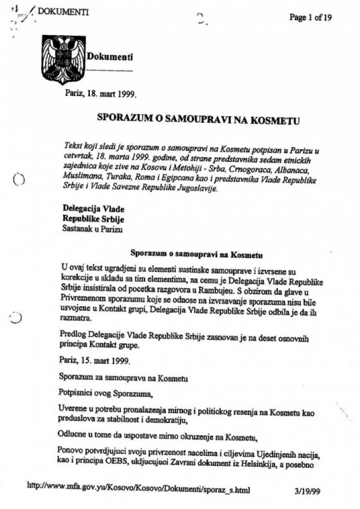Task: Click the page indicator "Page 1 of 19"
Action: [310, 18]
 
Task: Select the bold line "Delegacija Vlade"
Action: [94, 209]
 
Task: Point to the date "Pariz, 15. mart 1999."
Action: [95, 361]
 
